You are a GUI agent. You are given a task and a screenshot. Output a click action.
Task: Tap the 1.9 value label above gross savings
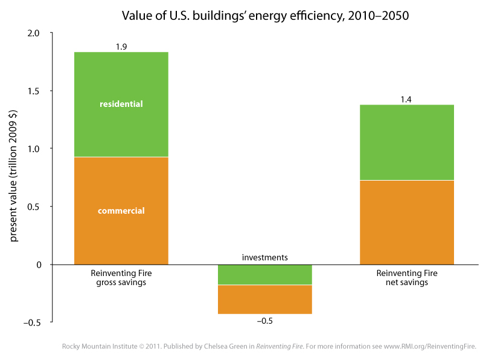[121, 46]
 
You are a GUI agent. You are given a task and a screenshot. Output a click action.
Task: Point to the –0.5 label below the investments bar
[264, 321]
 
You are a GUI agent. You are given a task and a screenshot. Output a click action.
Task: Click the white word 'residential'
[121, 104]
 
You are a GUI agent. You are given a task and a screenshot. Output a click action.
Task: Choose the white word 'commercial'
[121, 211]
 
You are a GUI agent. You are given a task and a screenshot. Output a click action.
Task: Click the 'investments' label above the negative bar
[264, 257]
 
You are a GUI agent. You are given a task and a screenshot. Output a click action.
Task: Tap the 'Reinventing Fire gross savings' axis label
[121, 278]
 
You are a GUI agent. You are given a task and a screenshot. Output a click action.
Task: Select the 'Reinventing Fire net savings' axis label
[407, 278]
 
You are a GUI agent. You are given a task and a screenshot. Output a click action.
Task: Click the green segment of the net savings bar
[407, 142]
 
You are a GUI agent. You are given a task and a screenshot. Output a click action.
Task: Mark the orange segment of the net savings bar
[407, 222]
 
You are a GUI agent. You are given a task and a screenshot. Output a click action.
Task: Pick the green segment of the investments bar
[264, 275]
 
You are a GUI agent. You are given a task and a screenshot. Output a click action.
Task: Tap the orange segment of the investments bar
[264, 300]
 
